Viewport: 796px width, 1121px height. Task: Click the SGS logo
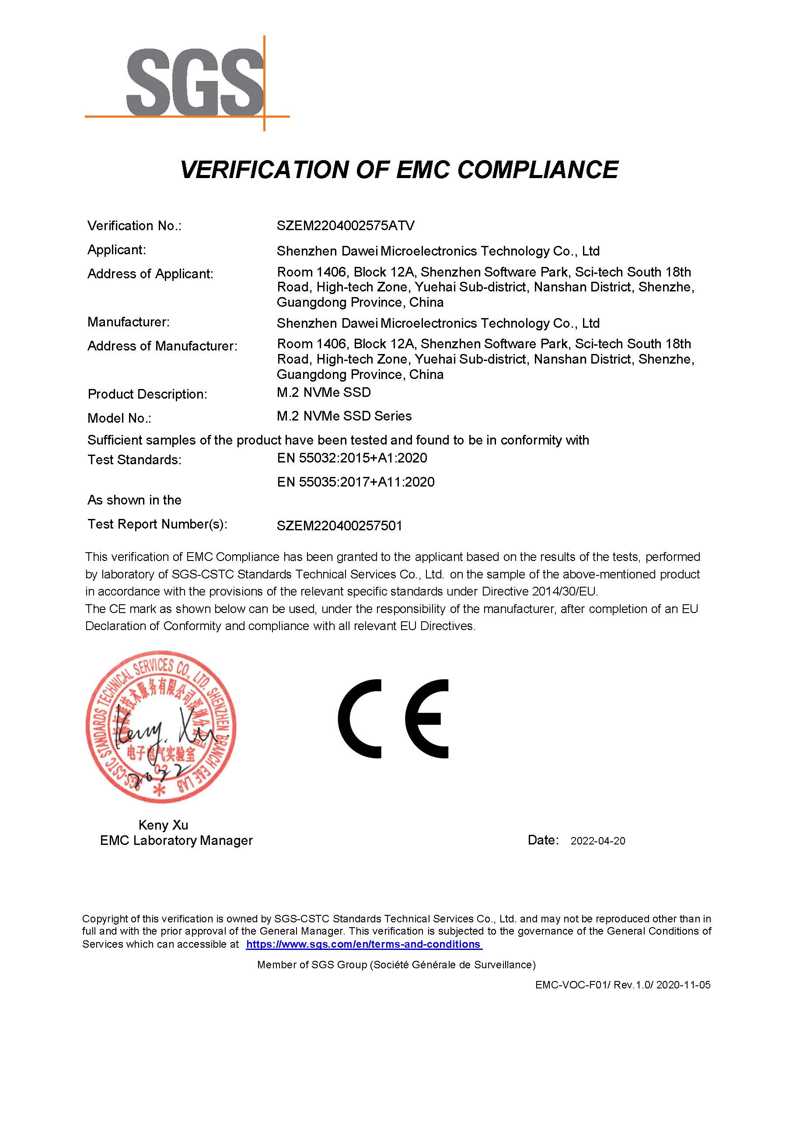click(195, 82)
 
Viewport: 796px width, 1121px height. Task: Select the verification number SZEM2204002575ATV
click(346, 226)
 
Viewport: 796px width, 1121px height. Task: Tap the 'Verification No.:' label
click(134, 226)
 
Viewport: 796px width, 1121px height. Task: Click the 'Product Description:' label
click(147, 394)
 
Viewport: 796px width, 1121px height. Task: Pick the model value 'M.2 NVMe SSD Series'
click(344, 417)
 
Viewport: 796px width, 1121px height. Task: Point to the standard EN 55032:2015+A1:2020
click(352, 458)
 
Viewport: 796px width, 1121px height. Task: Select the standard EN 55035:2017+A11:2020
click(355, 482)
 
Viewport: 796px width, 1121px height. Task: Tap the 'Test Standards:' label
click(134, 460)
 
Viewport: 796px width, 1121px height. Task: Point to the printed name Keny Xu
click(163, 825)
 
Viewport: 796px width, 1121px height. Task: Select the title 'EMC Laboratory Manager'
click(176, 841)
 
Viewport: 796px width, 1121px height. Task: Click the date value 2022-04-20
click(597, 841)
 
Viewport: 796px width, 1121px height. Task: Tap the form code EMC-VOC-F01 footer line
click(622, 984)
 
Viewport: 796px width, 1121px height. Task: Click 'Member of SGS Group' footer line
click(396, 964)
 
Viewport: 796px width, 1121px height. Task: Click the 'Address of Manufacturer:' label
click(162, 346)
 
